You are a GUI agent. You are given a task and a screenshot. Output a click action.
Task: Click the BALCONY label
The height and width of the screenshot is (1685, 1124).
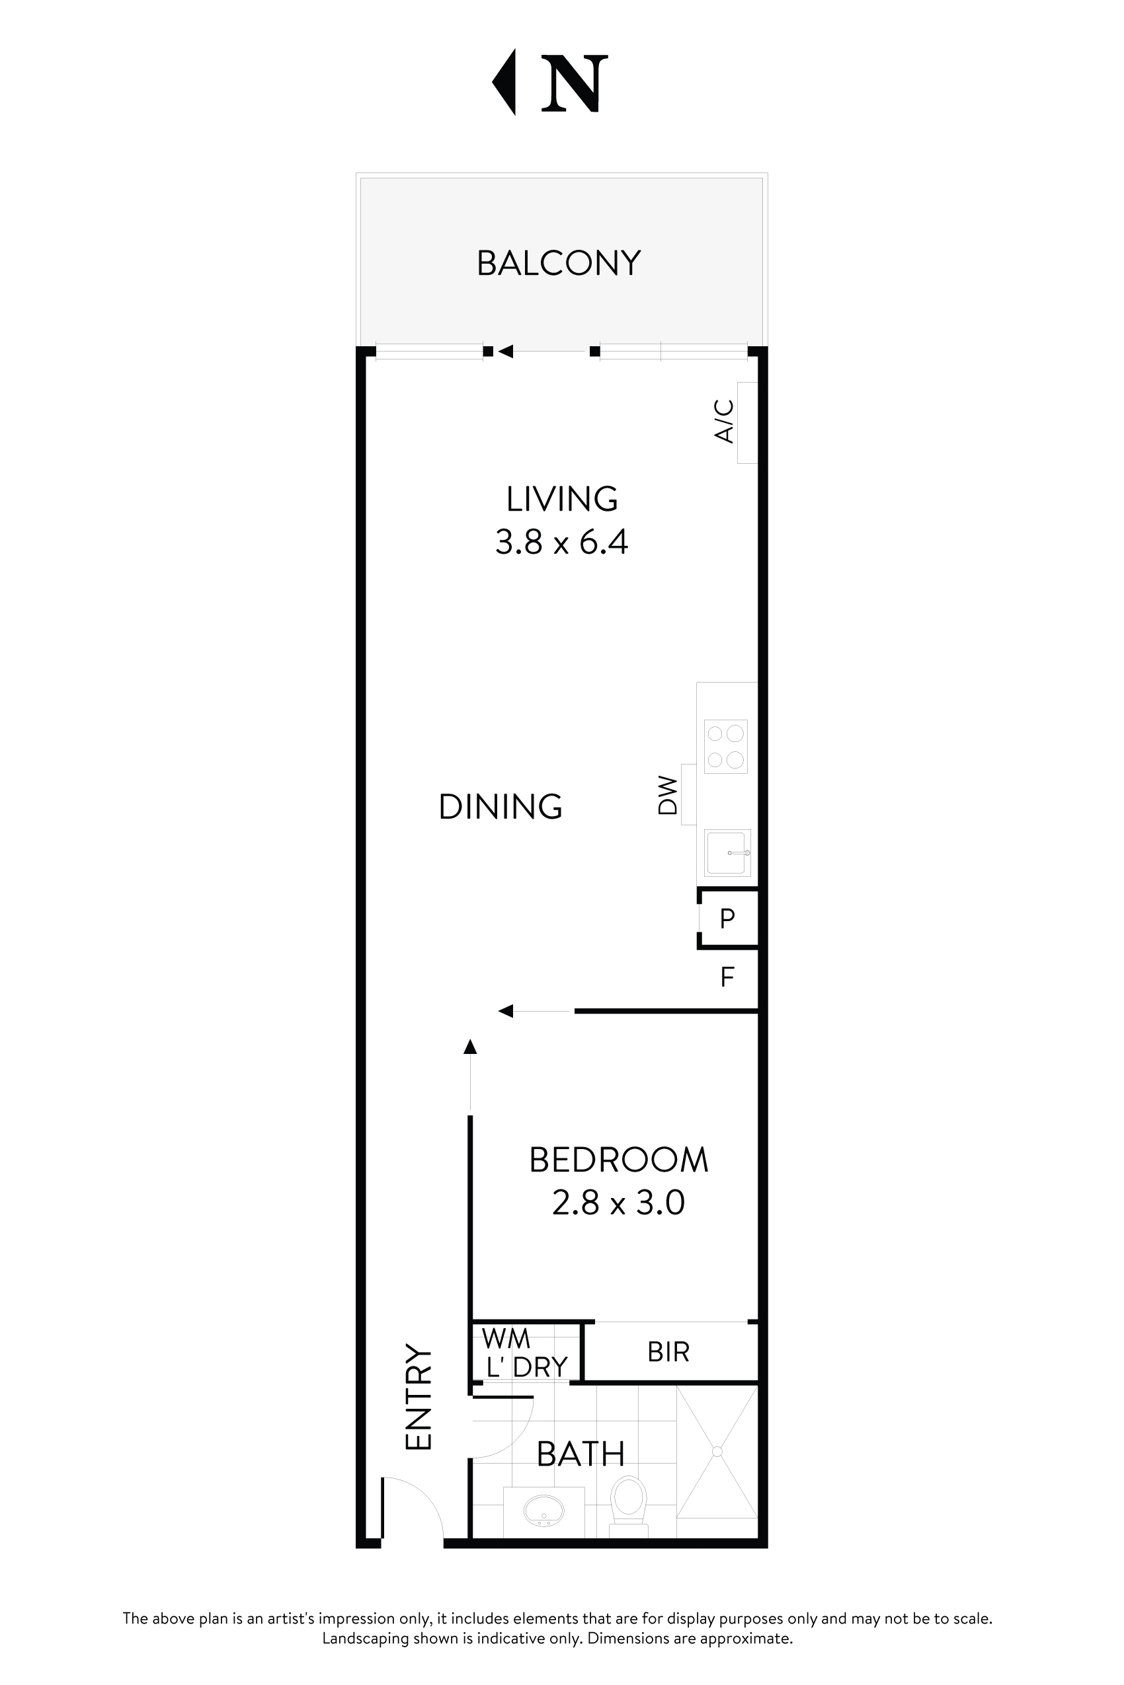point(559,263)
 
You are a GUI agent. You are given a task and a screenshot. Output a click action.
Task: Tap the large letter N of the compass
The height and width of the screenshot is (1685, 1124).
point(574,84)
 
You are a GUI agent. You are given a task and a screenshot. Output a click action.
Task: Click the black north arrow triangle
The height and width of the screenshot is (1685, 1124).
point(505,82)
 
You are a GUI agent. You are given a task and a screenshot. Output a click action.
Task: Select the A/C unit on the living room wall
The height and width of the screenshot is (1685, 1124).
point(747,423)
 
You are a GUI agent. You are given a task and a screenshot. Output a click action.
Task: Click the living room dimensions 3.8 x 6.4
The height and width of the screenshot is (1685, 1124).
point(561,543)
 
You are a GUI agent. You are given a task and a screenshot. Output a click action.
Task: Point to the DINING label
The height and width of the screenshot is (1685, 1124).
point(501,807)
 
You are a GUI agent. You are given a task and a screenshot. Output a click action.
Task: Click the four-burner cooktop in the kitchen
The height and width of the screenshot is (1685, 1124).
point(725,747)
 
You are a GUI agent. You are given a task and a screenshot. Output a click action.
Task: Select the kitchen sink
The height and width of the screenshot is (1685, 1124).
point(727,852)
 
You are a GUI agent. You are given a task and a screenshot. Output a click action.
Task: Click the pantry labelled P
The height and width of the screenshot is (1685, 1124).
point(727,918)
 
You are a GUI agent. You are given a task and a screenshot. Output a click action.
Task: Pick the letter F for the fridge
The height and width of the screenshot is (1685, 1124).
point(727,977)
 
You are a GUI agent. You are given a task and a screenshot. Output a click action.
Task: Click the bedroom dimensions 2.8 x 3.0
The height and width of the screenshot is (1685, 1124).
point(618,1202)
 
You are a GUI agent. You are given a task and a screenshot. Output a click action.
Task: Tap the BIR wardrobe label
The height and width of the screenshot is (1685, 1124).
point(668,1352)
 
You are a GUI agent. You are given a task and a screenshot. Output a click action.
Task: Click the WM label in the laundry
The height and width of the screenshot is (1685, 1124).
point(506,1337)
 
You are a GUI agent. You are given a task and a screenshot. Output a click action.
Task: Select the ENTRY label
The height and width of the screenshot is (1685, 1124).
point(419,1397)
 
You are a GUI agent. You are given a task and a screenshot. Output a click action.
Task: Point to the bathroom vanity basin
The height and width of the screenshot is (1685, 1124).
point(543,1512)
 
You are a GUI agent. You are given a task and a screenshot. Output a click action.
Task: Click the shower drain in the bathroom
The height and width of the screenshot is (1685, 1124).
point(717,1452)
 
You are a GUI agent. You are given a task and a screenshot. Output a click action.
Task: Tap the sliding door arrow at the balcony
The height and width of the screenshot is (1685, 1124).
point(506,351)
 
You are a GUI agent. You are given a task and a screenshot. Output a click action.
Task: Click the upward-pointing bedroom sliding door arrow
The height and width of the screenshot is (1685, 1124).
point(470,1047)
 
